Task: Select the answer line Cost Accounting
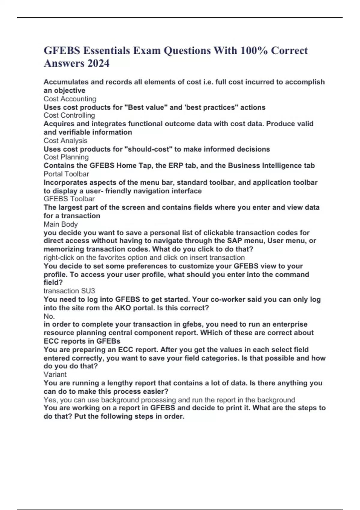coord(70,99)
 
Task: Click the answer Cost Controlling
coord(69,115)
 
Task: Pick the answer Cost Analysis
coord(65,141)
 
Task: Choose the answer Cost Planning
coord(66,157)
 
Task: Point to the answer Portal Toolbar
coord(66,174)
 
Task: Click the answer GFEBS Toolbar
coord(69,199)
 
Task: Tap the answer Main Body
coord(61,224)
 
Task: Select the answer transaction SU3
coord(69,291)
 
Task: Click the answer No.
coord(49,316)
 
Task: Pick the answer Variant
coord(55,374)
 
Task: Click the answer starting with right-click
coord(144,258)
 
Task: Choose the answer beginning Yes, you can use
coord(169,400)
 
